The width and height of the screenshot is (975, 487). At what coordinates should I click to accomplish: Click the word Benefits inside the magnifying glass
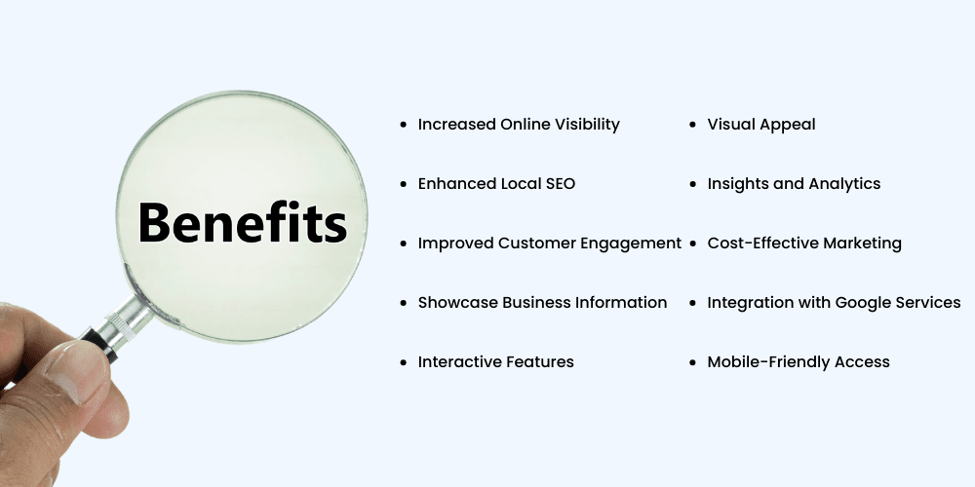pyautogui.click(x=242, y=222)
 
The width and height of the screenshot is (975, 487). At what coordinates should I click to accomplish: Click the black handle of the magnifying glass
pyautogui.click(x=99, y=345)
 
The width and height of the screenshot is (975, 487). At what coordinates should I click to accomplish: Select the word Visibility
pyautogui.click(x=587, y=125)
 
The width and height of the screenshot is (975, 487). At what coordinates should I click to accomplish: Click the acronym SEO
pyautogui.click(x=561, y=184)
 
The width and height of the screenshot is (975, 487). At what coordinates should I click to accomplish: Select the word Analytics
pyautogui.click(x=844, y=184)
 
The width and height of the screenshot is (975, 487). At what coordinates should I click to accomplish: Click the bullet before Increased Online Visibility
pyautogui.click(x=404, y=125)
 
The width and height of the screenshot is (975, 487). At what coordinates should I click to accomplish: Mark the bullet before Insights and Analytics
pyautogui.click(x=692, y=184)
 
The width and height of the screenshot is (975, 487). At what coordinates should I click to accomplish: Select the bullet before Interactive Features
pyautogui.click(x=404, y=362)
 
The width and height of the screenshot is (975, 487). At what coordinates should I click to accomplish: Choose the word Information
pyautogui.click(x=621, y=303)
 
